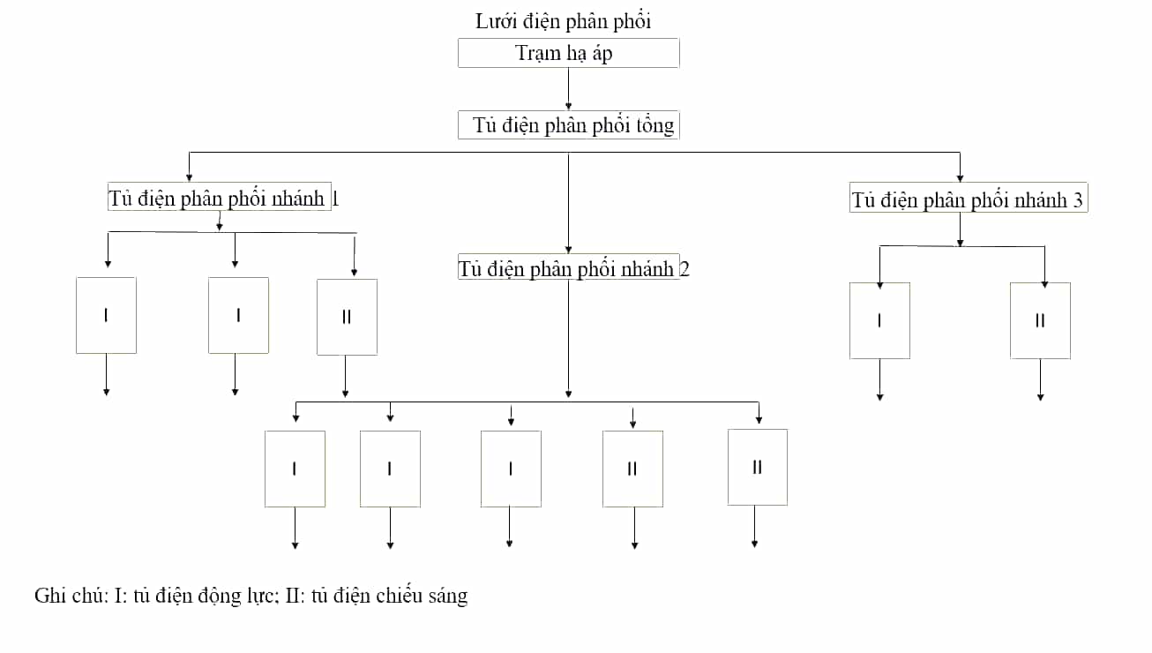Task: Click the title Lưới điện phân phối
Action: pyautogui.click(x=563, y=21)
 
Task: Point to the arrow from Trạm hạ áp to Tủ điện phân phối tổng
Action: pyautogui.click(x=568, y=88)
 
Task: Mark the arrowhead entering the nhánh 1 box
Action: pyautogui.click(x=189, y=178)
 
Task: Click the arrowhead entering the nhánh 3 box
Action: pyautogui.click(x=960, y=178)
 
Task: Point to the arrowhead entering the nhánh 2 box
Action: pyautogui.click(x=568, y=250)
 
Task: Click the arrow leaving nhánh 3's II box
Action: pyautogui.click(x=1040, y=379)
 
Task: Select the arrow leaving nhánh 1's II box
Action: pyautogui.click(x=345, y=376)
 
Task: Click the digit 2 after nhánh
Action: pyautogui.click(x=684, y=268)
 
